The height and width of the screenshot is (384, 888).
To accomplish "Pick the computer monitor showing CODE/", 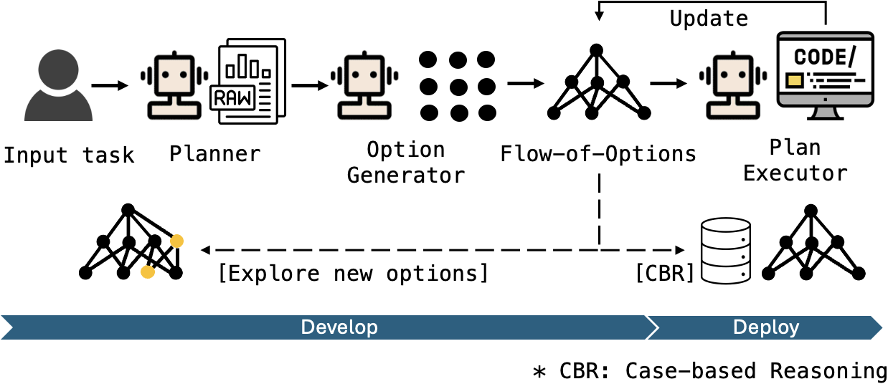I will [x=825, y=72].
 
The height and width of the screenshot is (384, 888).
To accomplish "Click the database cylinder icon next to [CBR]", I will [x=725, y=251].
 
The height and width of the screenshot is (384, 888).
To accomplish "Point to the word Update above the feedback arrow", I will [x=708, y=19].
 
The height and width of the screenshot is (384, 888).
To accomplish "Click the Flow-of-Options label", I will [x=597, y=153].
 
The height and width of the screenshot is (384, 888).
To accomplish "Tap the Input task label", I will [x=69, y=155].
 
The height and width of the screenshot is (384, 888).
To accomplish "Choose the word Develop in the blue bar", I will [x=339, y=327].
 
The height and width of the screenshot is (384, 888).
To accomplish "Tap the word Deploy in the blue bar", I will [x=765, y=327].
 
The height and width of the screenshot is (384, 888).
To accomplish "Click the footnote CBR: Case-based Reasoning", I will [x=709, y=370].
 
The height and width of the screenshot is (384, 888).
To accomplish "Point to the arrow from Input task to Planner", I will [x=110, y=86].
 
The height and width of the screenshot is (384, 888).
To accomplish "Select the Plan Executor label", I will [x=795, y=160].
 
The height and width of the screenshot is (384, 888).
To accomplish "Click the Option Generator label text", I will [x=405, y=162].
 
